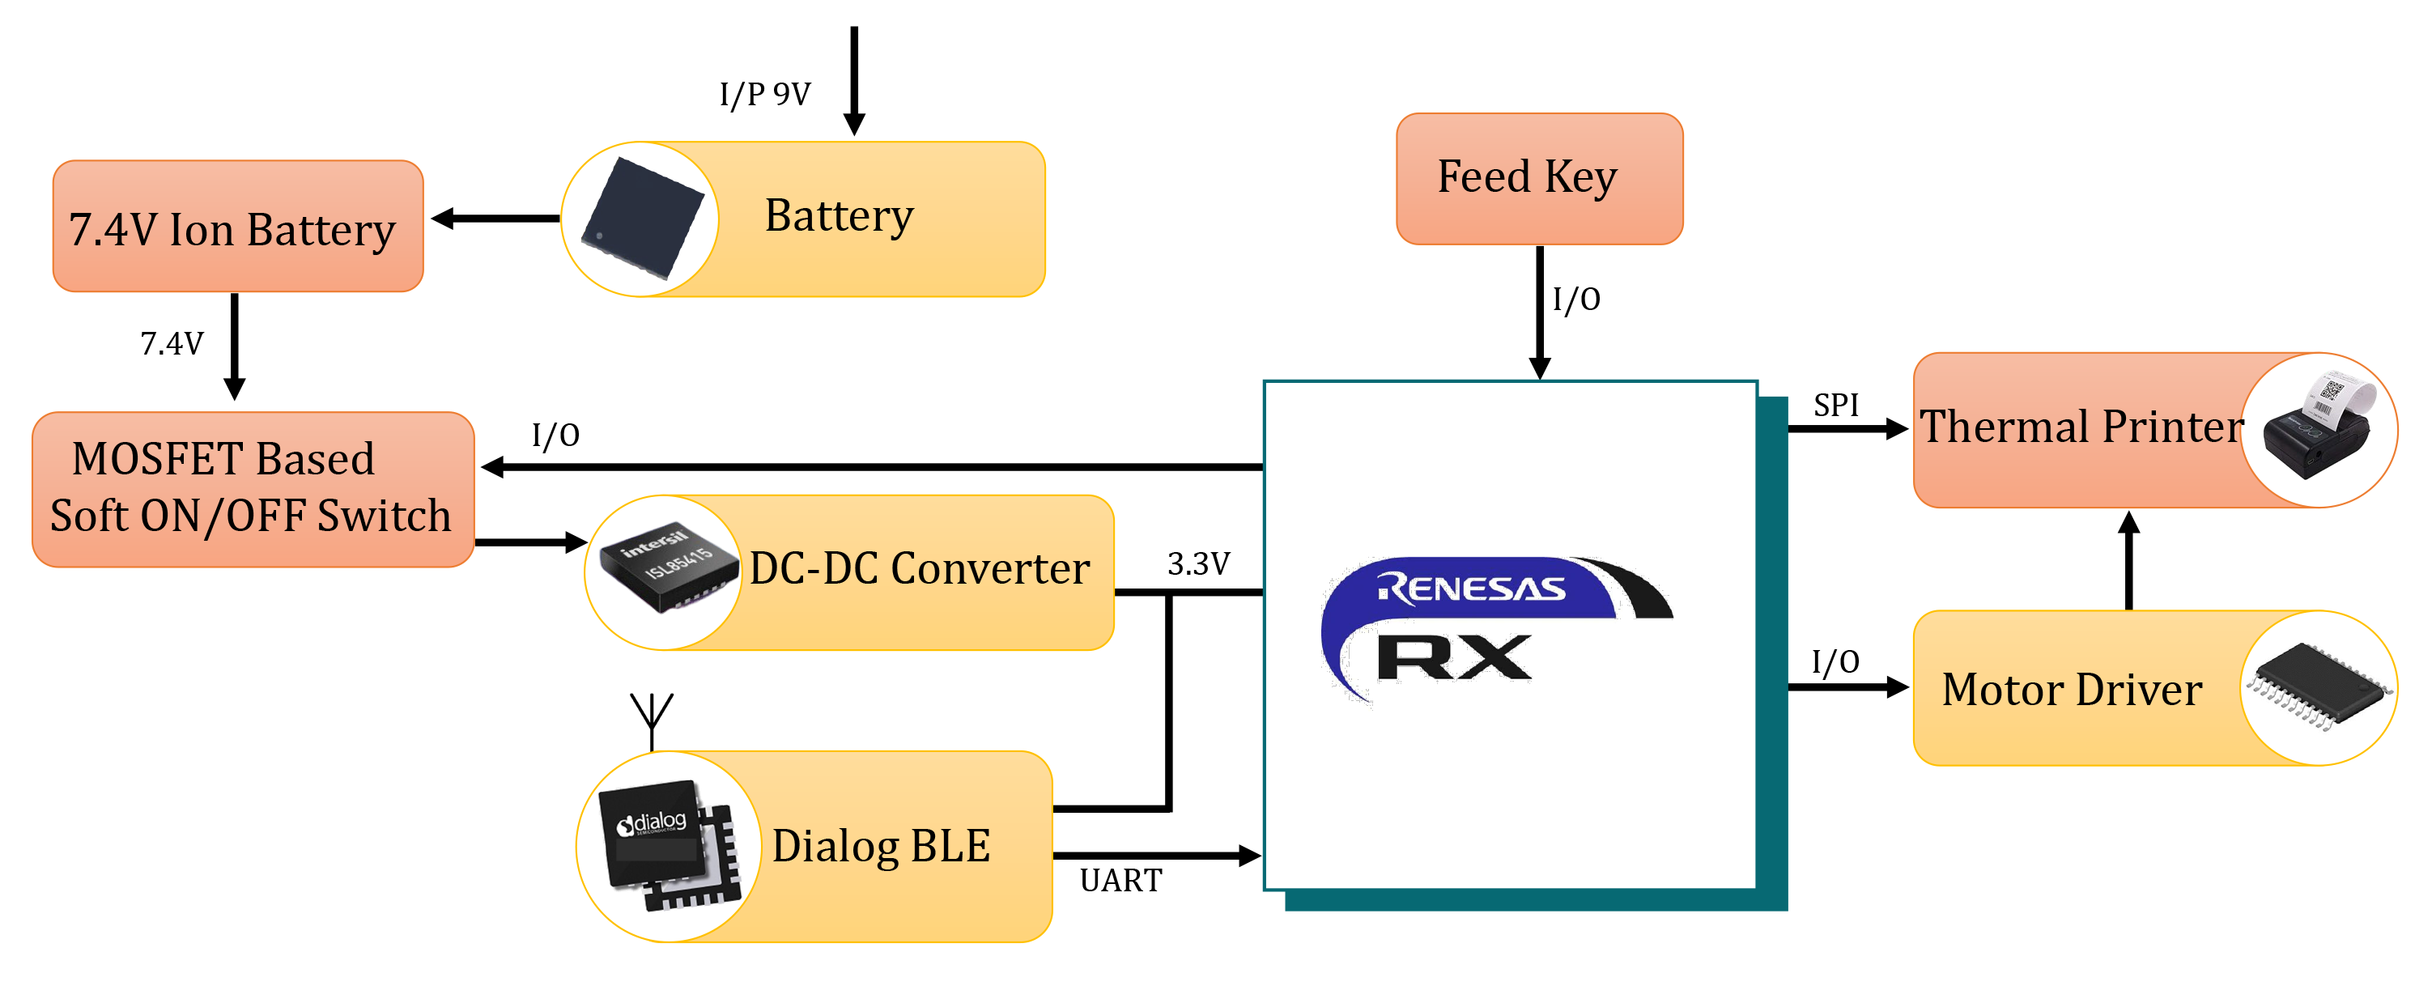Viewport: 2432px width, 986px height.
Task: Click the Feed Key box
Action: click(x=1539, y=178)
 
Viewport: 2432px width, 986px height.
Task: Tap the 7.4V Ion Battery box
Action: click(x=237, y=227)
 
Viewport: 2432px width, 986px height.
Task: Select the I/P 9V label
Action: click(x=765, y=95)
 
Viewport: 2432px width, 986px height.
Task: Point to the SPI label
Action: click(x=1835, y=405)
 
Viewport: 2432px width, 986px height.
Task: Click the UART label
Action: click(x=1120, y=880)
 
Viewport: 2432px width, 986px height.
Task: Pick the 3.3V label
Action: click(x=1198, y=563)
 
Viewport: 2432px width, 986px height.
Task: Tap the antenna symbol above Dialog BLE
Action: click(x=652, y=718)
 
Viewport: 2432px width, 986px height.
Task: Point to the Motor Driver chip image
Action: click(x=2319, y=686)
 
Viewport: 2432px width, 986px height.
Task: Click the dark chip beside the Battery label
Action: click(x=642, y=219)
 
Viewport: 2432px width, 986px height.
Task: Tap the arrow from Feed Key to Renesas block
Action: click(x=1540, y=312)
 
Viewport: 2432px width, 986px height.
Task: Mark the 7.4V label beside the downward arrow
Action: click(x=172, y=343)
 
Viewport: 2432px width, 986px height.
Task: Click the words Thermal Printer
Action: click(x=2081, y=427)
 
